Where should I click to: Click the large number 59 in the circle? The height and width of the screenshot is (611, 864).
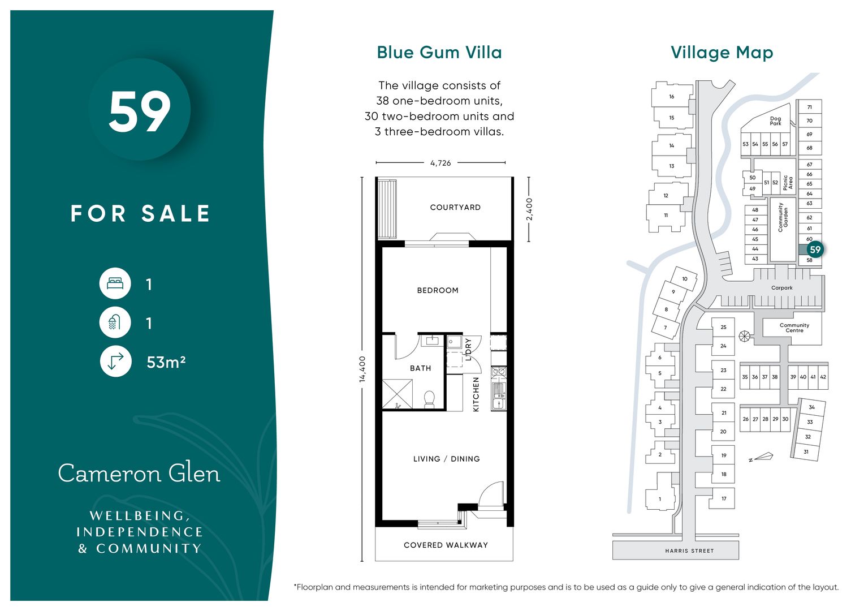140,113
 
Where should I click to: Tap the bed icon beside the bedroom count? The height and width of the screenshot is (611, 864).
115,283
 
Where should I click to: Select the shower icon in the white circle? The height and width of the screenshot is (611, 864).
115,322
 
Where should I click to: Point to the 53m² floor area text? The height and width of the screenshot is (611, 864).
166,363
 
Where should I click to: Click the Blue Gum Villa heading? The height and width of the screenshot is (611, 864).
439,53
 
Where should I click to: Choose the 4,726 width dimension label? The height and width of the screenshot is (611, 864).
440,163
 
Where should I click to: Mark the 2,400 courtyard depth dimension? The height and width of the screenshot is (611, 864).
529,209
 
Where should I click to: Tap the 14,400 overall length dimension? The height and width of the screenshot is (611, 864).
362,369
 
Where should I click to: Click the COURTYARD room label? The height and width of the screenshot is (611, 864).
456,208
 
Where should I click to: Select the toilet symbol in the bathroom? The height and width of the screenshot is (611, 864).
429,399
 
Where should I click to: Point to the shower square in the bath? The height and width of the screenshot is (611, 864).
398,394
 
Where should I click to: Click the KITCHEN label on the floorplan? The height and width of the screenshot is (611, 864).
476,394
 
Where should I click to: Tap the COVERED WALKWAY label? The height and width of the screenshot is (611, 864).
446,545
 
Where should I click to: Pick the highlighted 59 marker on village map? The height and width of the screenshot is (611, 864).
815,249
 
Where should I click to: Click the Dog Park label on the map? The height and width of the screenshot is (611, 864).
775,121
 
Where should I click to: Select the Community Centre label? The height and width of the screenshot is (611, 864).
794,328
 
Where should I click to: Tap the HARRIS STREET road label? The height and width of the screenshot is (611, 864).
689,551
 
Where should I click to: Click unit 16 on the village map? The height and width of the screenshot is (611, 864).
672,97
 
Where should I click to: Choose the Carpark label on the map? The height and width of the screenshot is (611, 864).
782,288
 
